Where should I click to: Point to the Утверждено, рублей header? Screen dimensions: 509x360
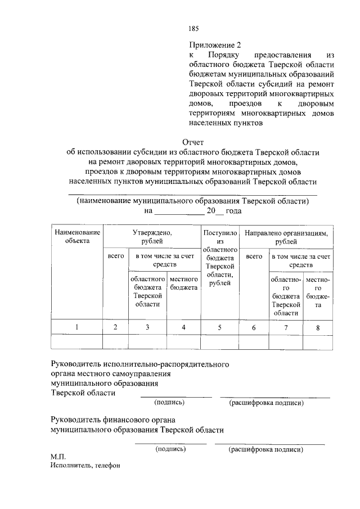click(152, 236)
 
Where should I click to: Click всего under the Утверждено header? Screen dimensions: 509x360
click(115, 256)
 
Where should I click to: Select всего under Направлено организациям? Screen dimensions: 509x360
click(254, 256)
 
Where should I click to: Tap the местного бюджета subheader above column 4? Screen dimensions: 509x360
click(184, 283)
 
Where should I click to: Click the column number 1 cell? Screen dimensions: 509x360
click(77, 327)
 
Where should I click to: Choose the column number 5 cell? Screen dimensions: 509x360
click(220, 327)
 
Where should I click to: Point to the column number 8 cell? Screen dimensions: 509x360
click(318, 327)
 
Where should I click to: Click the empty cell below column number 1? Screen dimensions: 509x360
click(77, 342)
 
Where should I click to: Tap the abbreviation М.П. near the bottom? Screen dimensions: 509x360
click(58, 457)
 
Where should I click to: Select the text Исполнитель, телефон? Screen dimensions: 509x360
click(84, 466)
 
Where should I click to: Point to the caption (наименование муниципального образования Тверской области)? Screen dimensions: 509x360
click(192, 200)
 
